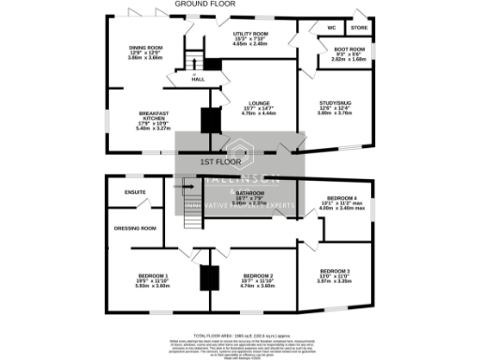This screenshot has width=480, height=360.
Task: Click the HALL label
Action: pos(198,79)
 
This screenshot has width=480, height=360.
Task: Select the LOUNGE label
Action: pos(260,103)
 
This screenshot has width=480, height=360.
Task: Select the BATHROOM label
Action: pos(251,192)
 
